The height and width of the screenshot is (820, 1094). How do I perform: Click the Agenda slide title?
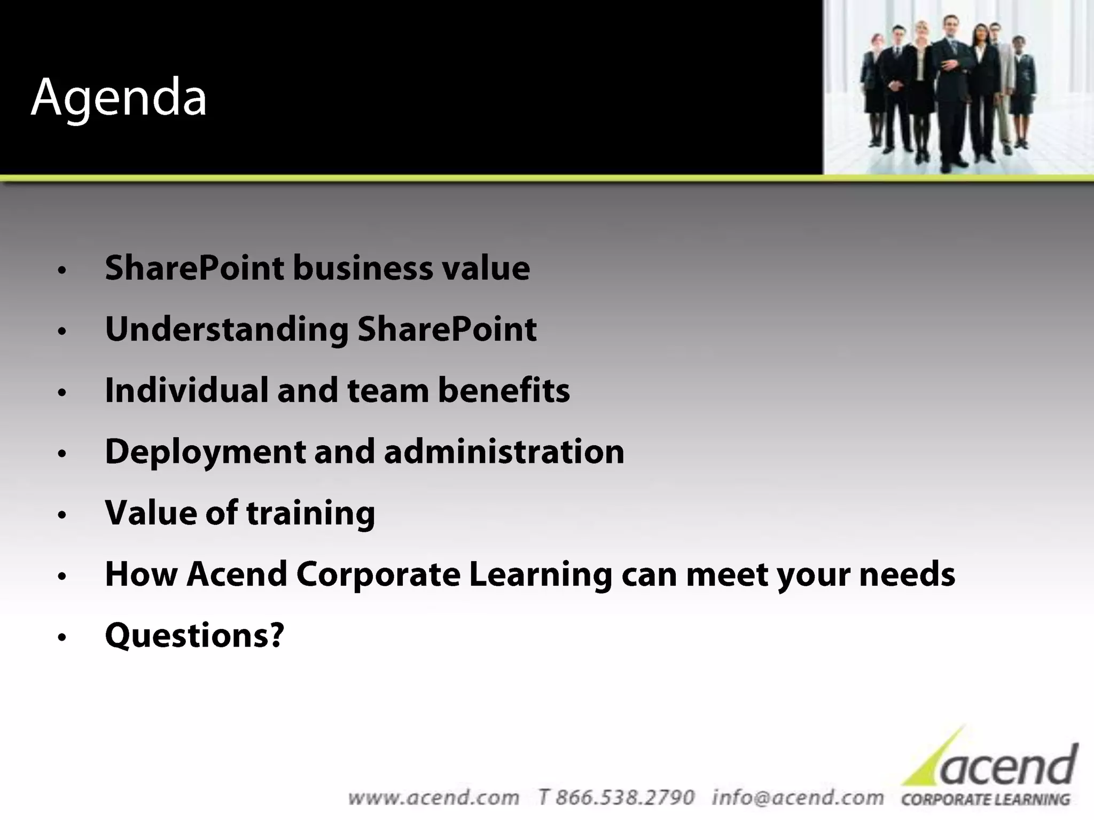coord(119,98)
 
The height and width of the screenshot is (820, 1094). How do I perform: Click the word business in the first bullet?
coord(363,268)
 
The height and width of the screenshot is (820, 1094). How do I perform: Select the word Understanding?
coord(226,330)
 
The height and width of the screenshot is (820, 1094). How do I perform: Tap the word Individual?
coord(186,390)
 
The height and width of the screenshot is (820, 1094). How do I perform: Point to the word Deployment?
coord(205,453)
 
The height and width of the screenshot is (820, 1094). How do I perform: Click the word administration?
coord(504,452)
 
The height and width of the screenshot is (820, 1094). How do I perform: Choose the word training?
coord(310,514)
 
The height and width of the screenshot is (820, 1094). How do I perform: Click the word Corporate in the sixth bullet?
coord(378,574)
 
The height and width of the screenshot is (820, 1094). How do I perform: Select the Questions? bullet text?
coord(194,636)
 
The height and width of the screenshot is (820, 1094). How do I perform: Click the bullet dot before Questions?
coord(62,637)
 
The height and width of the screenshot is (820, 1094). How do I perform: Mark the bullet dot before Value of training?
coord(62,515)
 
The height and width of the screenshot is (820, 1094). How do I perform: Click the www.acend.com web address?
coord(433,798)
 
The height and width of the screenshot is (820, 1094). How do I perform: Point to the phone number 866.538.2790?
coord(625,798)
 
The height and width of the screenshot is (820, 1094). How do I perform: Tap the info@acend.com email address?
coord(798,798)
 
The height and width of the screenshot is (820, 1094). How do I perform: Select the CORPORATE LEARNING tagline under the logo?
coord(986,800)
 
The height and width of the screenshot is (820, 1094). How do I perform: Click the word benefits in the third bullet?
coord(504,390)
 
